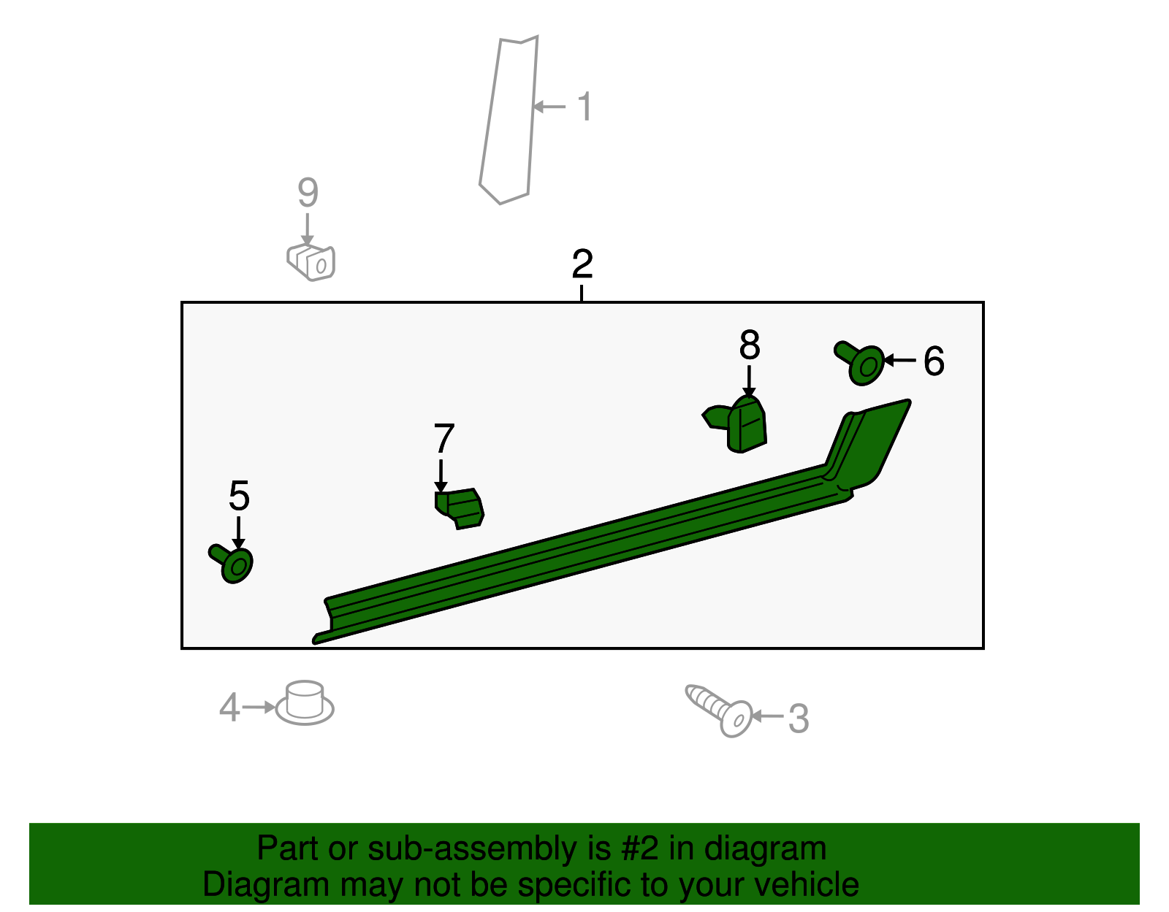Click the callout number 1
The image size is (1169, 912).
click(584, 107)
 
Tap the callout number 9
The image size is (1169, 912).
click(308, 192)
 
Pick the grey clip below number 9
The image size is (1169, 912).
click(311, 262)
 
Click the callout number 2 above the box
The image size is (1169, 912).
click(582, 264)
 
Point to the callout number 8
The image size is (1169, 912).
click(750, 345)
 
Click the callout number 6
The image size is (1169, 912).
click(934, 361)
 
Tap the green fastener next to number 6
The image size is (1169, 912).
click(859, 363)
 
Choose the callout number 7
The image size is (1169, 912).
click(443, 439)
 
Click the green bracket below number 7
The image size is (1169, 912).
click(460, 508)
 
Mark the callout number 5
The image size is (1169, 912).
click(240, 496)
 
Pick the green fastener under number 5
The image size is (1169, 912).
click(231, 564)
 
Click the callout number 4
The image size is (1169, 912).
click(229, 708)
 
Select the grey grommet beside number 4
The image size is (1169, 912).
click(305, 703)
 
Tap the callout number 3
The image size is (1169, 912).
click(799, 719)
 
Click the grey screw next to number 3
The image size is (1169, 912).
click(719, 710)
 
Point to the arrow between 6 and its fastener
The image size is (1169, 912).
click(900, 360)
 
